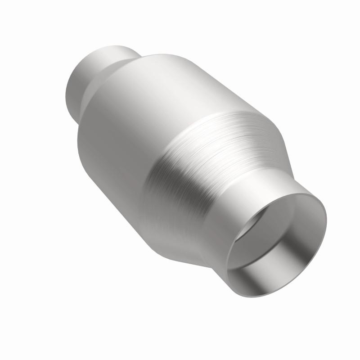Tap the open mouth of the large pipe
277,234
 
